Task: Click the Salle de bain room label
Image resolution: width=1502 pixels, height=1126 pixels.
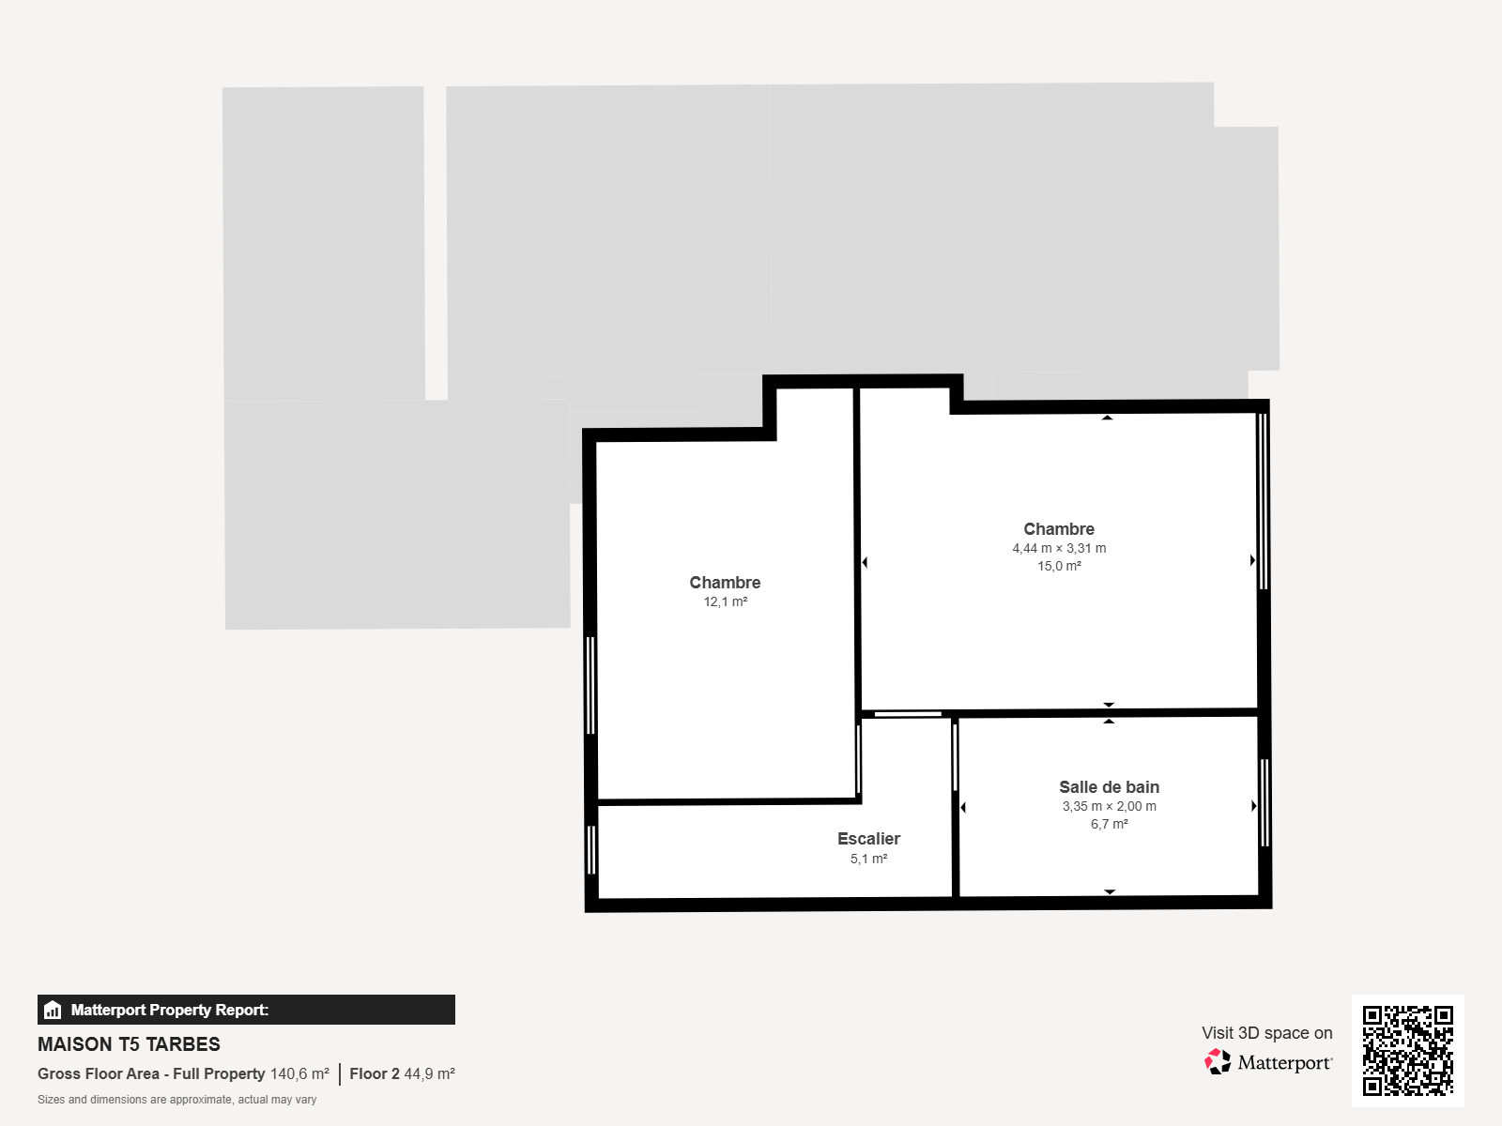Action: (x=1110, y=787)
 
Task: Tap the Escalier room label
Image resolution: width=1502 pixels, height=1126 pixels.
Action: (x=868, y=839)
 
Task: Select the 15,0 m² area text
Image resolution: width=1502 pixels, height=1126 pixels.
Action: (x=1059, y=566)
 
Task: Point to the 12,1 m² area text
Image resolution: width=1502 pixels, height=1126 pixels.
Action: (x=726, y=601)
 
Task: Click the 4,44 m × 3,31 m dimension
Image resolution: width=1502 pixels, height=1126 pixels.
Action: (x=1059, y=548)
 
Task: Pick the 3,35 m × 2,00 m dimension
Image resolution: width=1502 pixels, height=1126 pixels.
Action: (x=1110, y=806)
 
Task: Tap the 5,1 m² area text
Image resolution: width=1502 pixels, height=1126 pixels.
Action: (x=868, y=859)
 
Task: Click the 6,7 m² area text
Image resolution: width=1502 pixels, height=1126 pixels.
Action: (x=1110, y=824)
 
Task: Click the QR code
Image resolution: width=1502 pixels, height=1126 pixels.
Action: (x=1407, y=1051)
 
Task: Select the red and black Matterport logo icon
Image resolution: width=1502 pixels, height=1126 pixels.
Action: (x=1218, y=1062)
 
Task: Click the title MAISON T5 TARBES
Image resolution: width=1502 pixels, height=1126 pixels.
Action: (x=129, y=1044)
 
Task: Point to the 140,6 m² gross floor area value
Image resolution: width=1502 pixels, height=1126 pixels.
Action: (x=299, y=1073)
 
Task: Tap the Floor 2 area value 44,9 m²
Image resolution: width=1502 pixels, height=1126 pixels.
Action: (x=429, y=1073)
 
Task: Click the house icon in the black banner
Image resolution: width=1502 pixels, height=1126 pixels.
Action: (x=53, y=1010)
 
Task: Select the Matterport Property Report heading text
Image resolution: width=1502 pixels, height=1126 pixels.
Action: (x=170, y=1010)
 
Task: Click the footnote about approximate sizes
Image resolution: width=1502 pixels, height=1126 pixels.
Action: (x=176, y=1100)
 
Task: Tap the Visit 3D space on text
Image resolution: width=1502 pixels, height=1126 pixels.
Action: (x=1266, y=1033)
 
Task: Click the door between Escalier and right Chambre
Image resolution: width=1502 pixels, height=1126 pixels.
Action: (x=908, y=714)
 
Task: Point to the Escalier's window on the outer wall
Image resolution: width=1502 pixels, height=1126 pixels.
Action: (x=591, y=850)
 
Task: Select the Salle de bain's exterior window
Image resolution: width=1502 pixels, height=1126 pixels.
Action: (x=1265, y=802)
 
